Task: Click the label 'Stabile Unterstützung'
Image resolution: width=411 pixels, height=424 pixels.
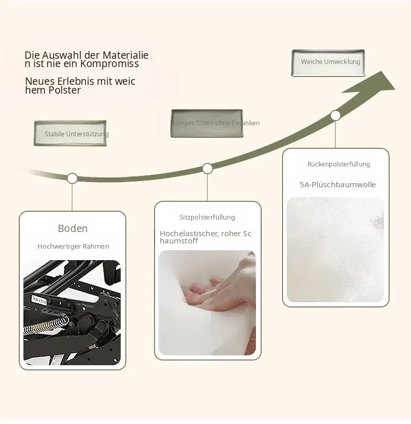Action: coord(76,134)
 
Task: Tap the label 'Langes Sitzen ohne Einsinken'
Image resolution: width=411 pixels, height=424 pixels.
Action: coord(216,123)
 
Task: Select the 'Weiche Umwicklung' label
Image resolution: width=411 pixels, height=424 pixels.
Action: coord(330,62)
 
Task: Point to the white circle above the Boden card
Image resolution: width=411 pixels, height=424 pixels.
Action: coord(72,178)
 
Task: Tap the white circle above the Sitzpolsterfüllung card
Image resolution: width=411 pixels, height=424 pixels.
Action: coord(208,169)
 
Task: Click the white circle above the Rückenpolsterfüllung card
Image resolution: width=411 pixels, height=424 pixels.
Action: coord(336,115)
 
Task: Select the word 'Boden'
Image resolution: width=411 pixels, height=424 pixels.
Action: coord(73,228)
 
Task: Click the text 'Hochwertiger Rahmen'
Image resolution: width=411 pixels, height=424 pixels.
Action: coord(73,247)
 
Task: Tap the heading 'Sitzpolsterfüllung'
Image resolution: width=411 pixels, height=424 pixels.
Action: coord(207,217)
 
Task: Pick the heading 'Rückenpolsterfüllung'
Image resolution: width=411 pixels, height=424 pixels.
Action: coord(339,164)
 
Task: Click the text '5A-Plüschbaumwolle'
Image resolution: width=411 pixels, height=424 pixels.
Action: coord(338,185)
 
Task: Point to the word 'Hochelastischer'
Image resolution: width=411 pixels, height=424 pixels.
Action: coord(189,234)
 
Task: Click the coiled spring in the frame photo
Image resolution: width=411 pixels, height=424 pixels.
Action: coord(46,325)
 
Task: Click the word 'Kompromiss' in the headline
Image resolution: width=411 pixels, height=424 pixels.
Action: coord(109,64)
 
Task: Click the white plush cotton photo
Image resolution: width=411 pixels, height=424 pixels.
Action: coord(335,250)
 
